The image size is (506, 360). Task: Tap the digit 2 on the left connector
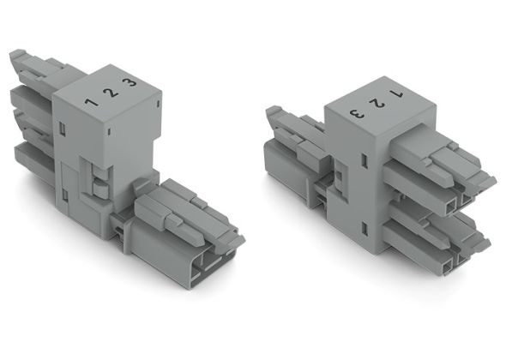(x=109, y=92)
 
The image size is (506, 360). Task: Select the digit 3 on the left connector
(x=129, y=83)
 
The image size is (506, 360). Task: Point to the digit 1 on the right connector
(x=396, y=92)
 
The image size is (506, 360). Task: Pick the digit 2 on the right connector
(x=376, y=101)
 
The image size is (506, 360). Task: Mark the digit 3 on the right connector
(x=356, y=111)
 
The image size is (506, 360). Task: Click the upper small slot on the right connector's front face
(x=366, y=159)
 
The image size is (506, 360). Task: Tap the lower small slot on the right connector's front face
(x=366, y=227)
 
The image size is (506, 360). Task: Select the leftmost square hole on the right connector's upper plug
(x=449, y=205)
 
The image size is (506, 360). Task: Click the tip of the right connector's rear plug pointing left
(x=272, y=112)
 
